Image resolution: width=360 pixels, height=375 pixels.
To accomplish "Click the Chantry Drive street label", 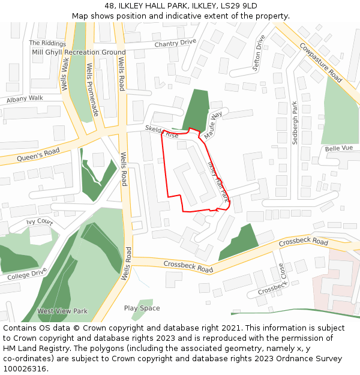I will point(175,43).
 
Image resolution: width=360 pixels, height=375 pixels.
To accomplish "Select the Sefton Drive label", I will point(259,53).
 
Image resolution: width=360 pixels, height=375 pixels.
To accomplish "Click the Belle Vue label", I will point(338,148).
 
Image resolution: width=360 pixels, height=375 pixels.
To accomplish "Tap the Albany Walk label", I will point(25,98).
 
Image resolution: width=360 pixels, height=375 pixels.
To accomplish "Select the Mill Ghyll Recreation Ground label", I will point(79,52).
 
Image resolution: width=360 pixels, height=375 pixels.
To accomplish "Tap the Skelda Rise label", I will point(161,133).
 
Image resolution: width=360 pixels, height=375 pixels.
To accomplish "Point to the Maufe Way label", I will point(213,125).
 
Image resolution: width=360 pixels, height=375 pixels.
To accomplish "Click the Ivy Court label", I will point(39,222).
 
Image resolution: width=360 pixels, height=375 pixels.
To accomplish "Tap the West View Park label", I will point(62,311).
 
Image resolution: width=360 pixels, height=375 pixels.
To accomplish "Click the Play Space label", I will point(142,308).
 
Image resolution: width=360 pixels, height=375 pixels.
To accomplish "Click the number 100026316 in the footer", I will point(25,368).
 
